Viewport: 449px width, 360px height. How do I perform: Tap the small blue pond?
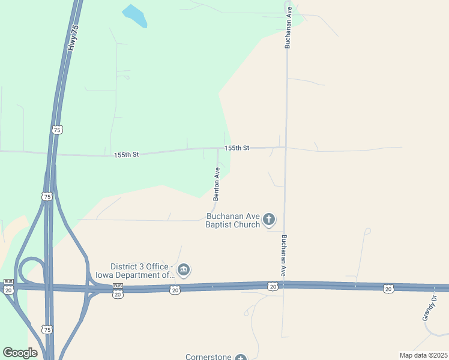pyautogui.click(x=134, y=16)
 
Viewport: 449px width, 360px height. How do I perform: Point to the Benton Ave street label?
pyautogui.click(x=217, y=184)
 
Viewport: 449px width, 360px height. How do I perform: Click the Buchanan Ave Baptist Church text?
pyautogui.click(x=233, y=220)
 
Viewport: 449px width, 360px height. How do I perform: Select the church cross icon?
pyautogui.click(x=269, y=220)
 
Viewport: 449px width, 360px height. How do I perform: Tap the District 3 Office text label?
pyautogui.click(x=142, y=271)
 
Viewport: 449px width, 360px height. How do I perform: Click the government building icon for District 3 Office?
pyautogui.click(x=184, y=271)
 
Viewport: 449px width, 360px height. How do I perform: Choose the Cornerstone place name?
pyautogui.click(x=208, y=357)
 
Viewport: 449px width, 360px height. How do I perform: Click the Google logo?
pyautogui.click(x=20, y=353)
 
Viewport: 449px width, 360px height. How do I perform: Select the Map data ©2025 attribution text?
pyautogui.click(x=423, y=355)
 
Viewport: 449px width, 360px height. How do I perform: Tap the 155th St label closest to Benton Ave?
pyautogui.click(x=237, y=148)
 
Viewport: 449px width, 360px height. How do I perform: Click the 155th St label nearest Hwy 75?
pyautogui.click(x=126, y=155)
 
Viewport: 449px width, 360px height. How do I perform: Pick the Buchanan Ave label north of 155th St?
pyautogui.click(x=288, y=28)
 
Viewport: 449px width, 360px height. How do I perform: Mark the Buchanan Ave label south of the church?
pyautogui.click(x=283, y=255)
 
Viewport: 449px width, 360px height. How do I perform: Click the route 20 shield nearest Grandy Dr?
pyautogui.click(x=388, y=289)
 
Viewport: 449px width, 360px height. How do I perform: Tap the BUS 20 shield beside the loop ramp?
pyautogui.click(x=8, y=287)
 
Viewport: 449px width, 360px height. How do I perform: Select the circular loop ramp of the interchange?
pyautogui.click(x=31, y=271)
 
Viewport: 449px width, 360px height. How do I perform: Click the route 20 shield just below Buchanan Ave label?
pyautogui.click(x=273, y=287)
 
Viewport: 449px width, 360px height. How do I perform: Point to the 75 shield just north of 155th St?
pyautogui.click(x=57, y=130)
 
